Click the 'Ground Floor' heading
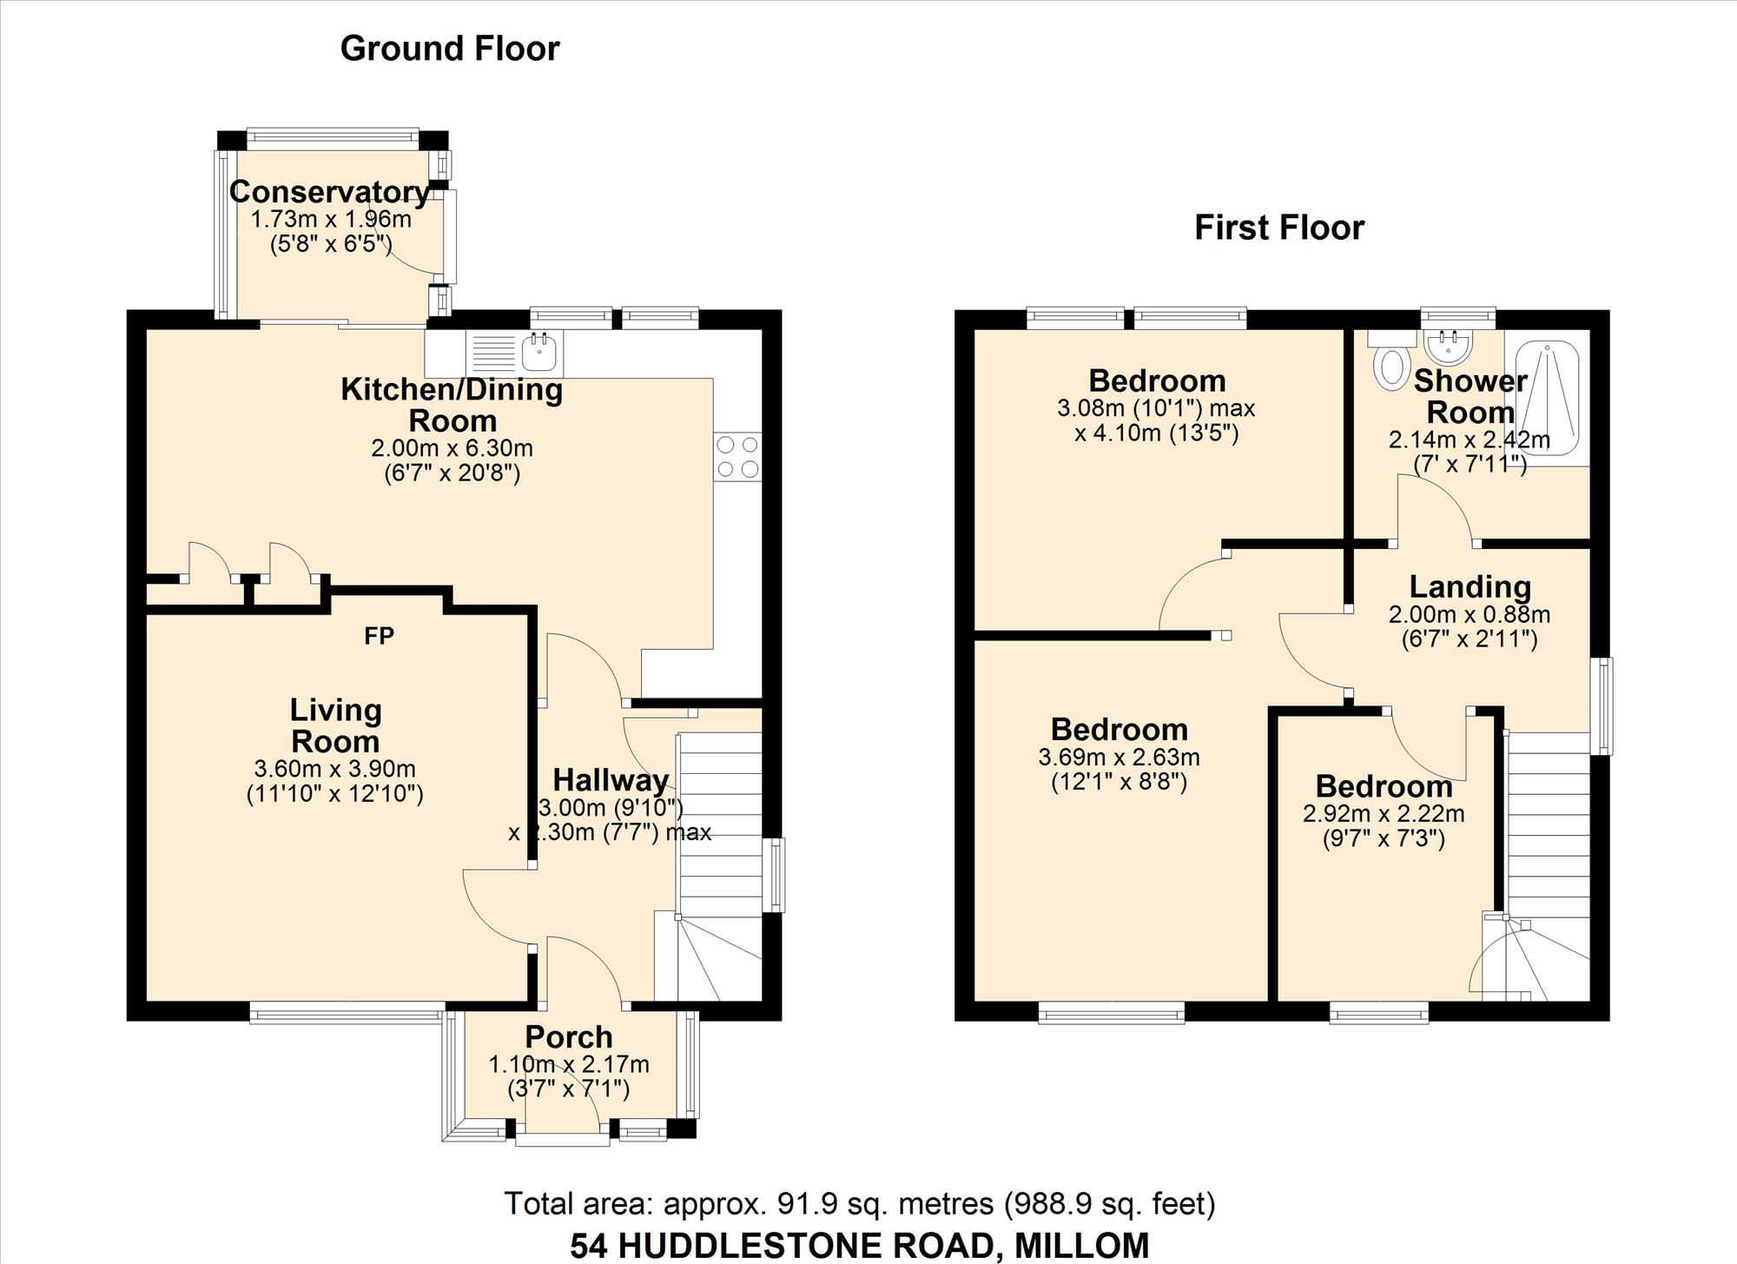(450, 49)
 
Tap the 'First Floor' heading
(1279, 228)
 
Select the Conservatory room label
(330, 191)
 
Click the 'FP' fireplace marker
(380, 637)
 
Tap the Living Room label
(335, 725)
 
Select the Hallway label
(611, 779)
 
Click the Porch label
(569, 1036)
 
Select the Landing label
(1470, 587)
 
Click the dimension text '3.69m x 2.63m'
(1119, 757)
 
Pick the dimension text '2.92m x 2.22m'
(1384, 814)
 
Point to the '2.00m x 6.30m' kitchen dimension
(452, 448)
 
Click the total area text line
(860, 1204)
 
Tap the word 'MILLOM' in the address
(1082, 1246)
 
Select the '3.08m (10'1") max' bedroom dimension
(1156, 407)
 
